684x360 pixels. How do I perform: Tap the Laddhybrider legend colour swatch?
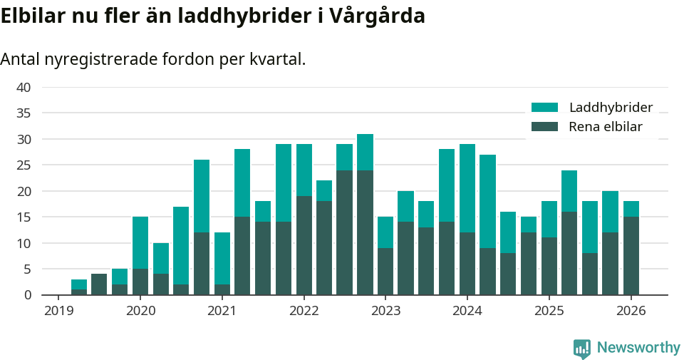pos(545,108)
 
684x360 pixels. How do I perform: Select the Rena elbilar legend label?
pos(606,127)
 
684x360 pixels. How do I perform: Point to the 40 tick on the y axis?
pos(24,88)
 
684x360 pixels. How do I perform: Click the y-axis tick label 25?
pos(24,165)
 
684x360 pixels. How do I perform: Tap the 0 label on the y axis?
pos(27,295)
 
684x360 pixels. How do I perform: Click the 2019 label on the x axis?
pos(58,311)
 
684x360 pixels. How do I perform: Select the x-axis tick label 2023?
pos(385,311)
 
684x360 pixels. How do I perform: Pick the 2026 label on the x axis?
pos(631,311)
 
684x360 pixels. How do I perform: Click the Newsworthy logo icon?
pos(581,348)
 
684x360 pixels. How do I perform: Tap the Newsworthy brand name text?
pos(638,348)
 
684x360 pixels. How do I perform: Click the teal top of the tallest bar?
pos(365,152)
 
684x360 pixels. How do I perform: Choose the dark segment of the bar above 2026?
pos(631,256)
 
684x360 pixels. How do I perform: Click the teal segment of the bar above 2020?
pos(140,242)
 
